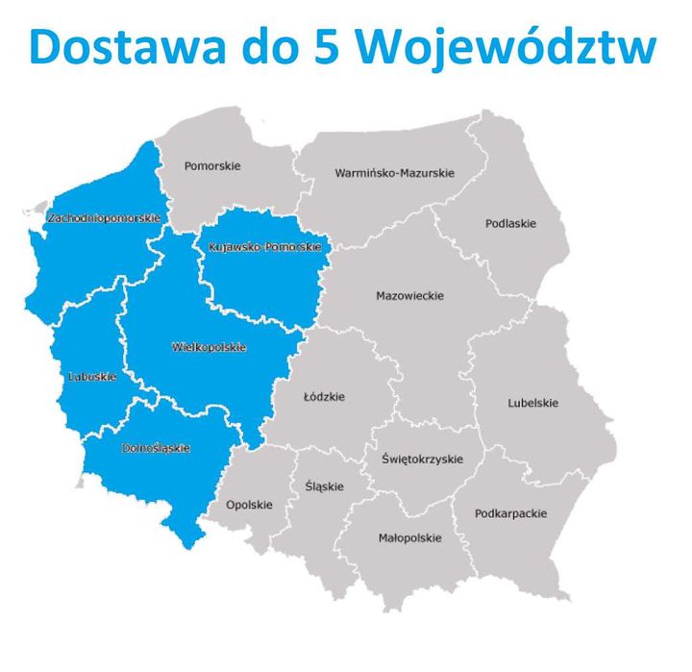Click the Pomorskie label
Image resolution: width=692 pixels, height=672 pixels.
coord(212,166)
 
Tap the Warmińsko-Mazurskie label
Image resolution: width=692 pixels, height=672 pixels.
coord(394,173)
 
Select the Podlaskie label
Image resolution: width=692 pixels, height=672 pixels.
coord(510,224)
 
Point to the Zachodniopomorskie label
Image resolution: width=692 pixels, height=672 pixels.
coord(103,218)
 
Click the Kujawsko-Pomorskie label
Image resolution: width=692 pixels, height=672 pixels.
coord(263,247)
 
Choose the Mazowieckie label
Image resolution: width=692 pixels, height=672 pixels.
coord(409,296)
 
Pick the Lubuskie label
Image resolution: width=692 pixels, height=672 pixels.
coord(92,377)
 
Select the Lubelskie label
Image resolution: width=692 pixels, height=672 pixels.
coord(532,403)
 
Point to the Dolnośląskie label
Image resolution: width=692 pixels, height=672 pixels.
coord(156,448)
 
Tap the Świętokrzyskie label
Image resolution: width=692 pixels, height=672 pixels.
coord(421,460)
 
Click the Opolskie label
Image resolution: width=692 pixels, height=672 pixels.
coord(249,505)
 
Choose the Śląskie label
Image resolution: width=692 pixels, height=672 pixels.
coord(323,486)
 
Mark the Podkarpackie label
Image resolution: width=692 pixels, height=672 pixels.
coord(510,513)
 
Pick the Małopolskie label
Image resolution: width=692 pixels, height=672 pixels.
coord(410,538)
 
